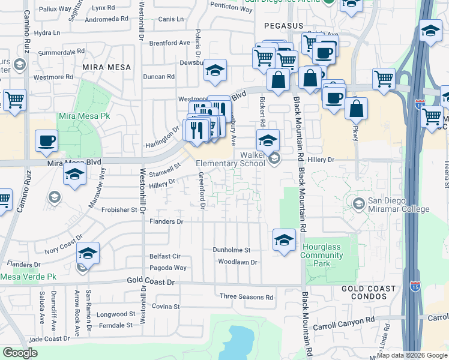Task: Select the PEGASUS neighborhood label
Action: (x=284, y=26)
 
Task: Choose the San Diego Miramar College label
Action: (x=399, y=205)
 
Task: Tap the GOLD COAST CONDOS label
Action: (x=369, y=293)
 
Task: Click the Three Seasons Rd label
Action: (x=246, y=297)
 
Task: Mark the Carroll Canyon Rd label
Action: (x=344, y=327)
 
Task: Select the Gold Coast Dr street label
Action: (x=151, y=281)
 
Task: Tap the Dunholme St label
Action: (x=231, y=250)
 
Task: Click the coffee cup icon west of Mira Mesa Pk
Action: (x=46, y=142)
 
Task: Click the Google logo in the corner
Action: (x=20, y=353)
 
